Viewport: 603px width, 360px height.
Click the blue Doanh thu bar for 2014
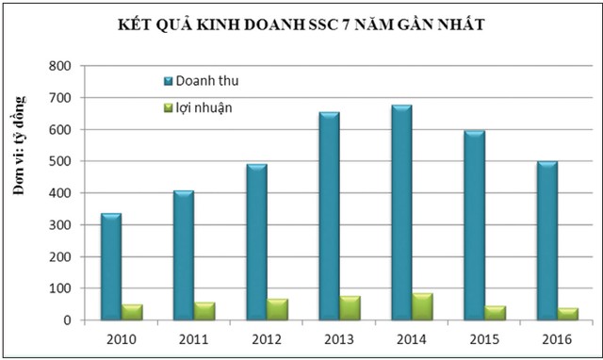tap(400, 213)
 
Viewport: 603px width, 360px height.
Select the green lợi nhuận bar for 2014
tap(422, 307)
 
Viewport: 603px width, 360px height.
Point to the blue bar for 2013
tap(328, 217)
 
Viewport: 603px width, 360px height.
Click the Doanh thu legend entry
tap(201, 81)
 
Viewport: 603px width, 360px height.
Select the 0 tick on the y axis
tap(67, 320)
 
